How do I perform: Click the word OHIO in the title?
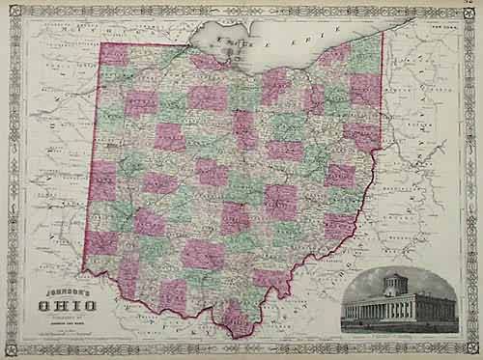click(61, 307)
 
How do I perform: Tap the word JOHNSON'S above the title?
click(59, 291)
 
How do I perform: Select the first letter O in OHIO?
click(42, 307)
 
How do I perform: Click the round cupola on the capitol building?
click(395, 283)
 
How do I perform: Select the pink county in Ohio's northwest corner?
click(115, 56)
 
